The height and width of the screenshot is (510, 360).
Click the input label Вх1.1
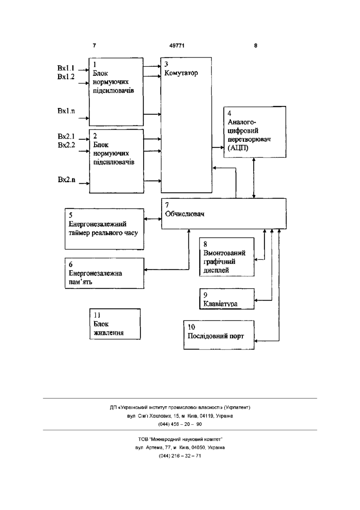point(66,68)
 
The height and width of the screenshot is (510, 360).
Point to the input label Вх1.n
point(66,111)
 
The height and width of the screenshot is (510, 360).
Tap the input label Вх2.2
point(66,145)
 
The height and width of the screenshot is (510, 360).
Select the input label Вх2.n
point(66,179)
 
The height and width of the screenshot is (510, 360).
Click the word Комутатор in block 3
point(181,73)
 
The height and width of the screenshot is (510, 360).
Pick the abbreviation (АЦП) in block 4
point(238,148)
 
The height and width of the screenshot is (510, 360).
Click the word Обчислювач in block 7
point(184,214)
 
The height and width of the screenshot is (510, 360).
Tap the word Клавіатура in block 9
point(220,304)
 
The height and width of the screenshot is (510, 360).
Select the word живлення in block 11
point(108,333)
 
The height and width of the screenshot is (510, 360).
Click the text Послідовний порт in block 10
point(216,336)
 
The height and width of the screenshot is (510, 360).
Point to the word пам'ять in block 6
point(80,282)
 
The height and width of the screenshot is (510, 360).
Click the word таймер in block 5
point(79,233)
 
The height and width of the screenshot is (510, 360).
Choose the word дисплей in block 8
point(216,270)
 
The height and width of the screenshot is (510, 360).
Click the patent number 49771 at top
point(177,46)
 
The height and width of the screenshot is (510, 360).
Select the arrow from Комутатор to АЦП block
point(218,148)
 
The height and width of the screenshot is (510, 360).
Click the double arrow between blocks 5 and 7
point(153,219)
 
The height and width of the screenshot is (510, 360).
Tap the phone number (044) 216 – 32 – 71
point(180,456)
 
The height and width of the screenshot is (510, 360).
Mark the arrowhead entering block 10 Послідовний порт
point(256,341)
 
